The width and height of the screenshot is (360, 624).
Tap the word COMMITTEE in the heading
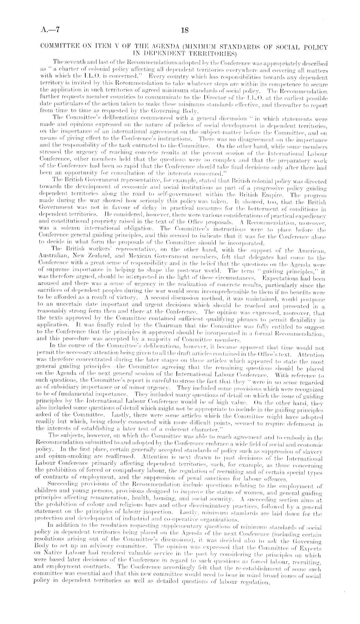[x=59, y=47]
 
